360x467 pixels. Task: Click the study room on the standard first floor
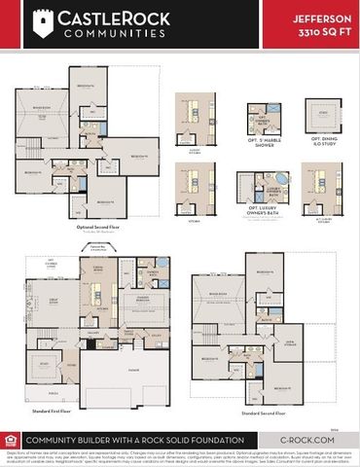point(41,368)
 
